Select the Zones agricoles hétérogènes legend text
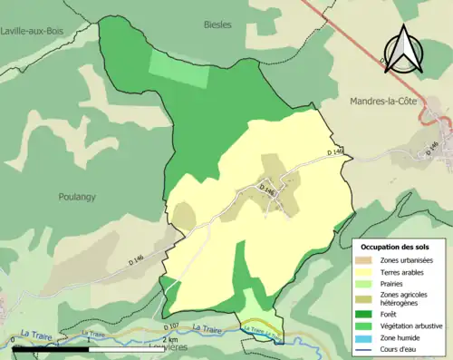coord(407,299)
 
